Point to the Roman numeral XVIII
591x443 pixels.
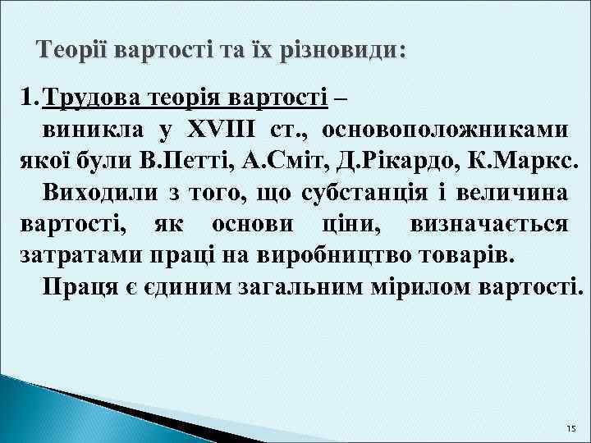(222, 129)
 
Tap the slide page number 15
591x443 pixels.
(571, 430)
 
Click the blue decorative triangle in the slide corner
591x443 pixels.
(33, 410)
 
